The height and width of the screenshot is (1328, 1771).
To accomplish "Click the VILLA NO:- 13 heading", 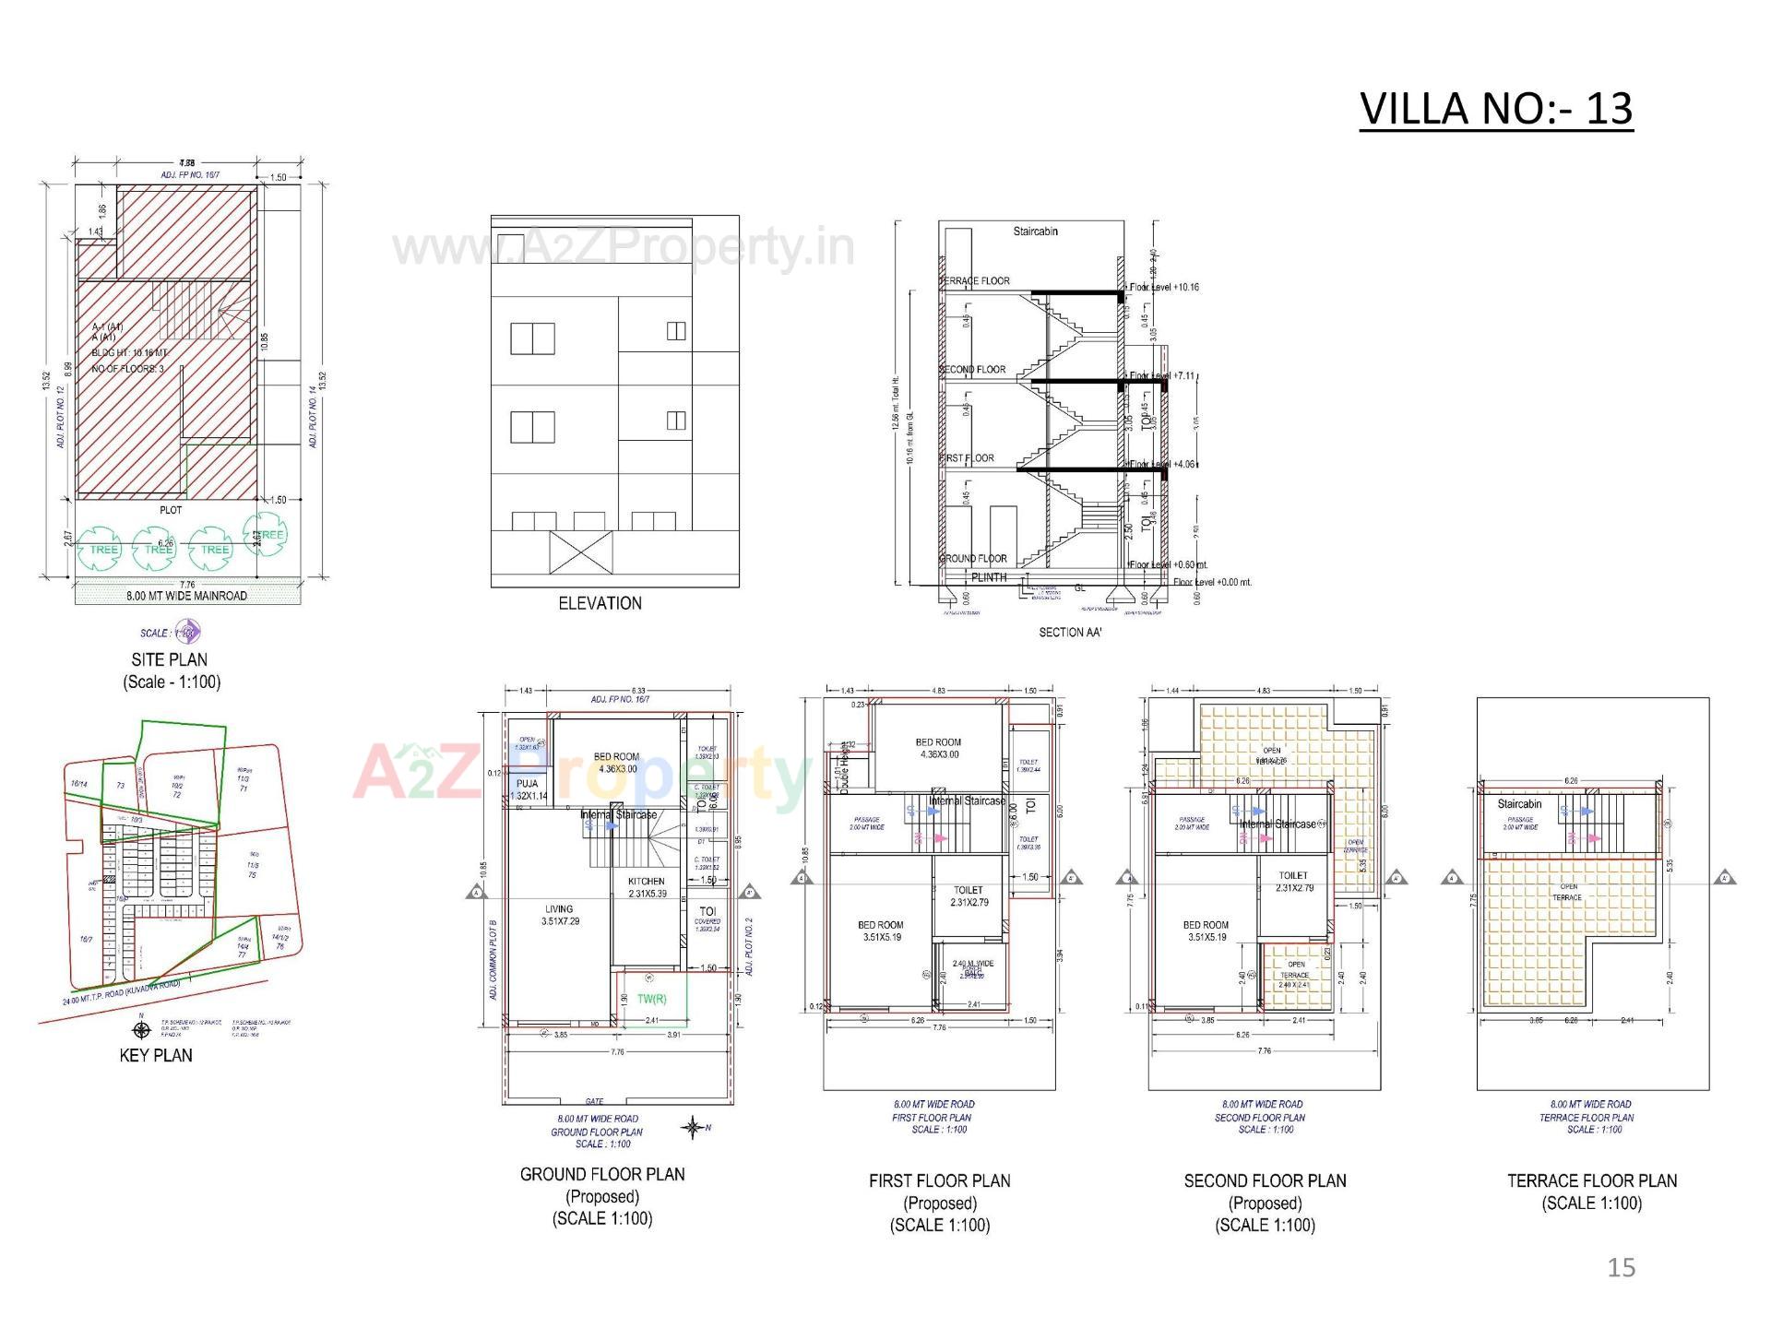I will point(1495,109).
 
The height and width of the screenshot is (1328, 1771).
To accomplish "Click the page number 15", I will point(1621,1268).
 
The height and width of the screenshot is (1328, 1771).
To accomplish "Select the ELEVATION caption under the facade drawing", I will point(600,603).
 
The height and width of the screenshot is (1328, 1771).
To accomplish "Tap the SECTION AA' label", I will point(1070,633).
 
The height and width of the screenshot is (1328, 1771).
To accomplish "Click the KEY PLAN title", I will point(156,1055).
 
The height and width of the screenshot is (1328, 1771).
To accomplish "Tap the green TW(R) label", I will point(651,999).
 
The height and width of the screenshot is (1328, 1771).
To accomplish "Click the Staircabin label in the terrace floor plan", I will point(1519,804).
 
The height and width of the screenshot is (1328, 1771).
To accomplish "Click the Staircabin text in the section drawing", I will point(1035,231).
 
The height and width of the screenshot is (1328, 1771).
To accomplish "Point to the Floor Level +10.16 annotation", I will point(1163,288).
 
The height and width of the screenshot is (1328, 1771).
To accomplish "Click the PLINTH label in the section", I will point(989,577).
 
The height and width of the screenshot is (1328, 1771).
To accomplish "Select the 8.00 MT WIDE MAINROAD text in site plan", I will point(186,596).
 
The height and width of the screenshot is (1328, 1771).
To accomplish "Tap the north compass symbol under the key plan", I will point(141,1030).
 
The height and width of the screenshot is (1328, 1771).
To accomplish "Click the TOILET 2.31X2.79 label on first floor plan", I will point(969,895).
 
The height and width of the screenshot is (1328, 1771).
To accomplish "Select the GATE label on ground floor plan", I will point(594,1101).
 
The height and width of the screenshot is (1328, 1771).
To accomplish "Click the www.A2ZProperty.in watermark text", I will point(624,248).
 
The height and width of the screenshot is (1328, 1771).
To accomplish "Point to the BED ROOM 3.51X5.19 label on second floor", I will point(1206,931).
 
